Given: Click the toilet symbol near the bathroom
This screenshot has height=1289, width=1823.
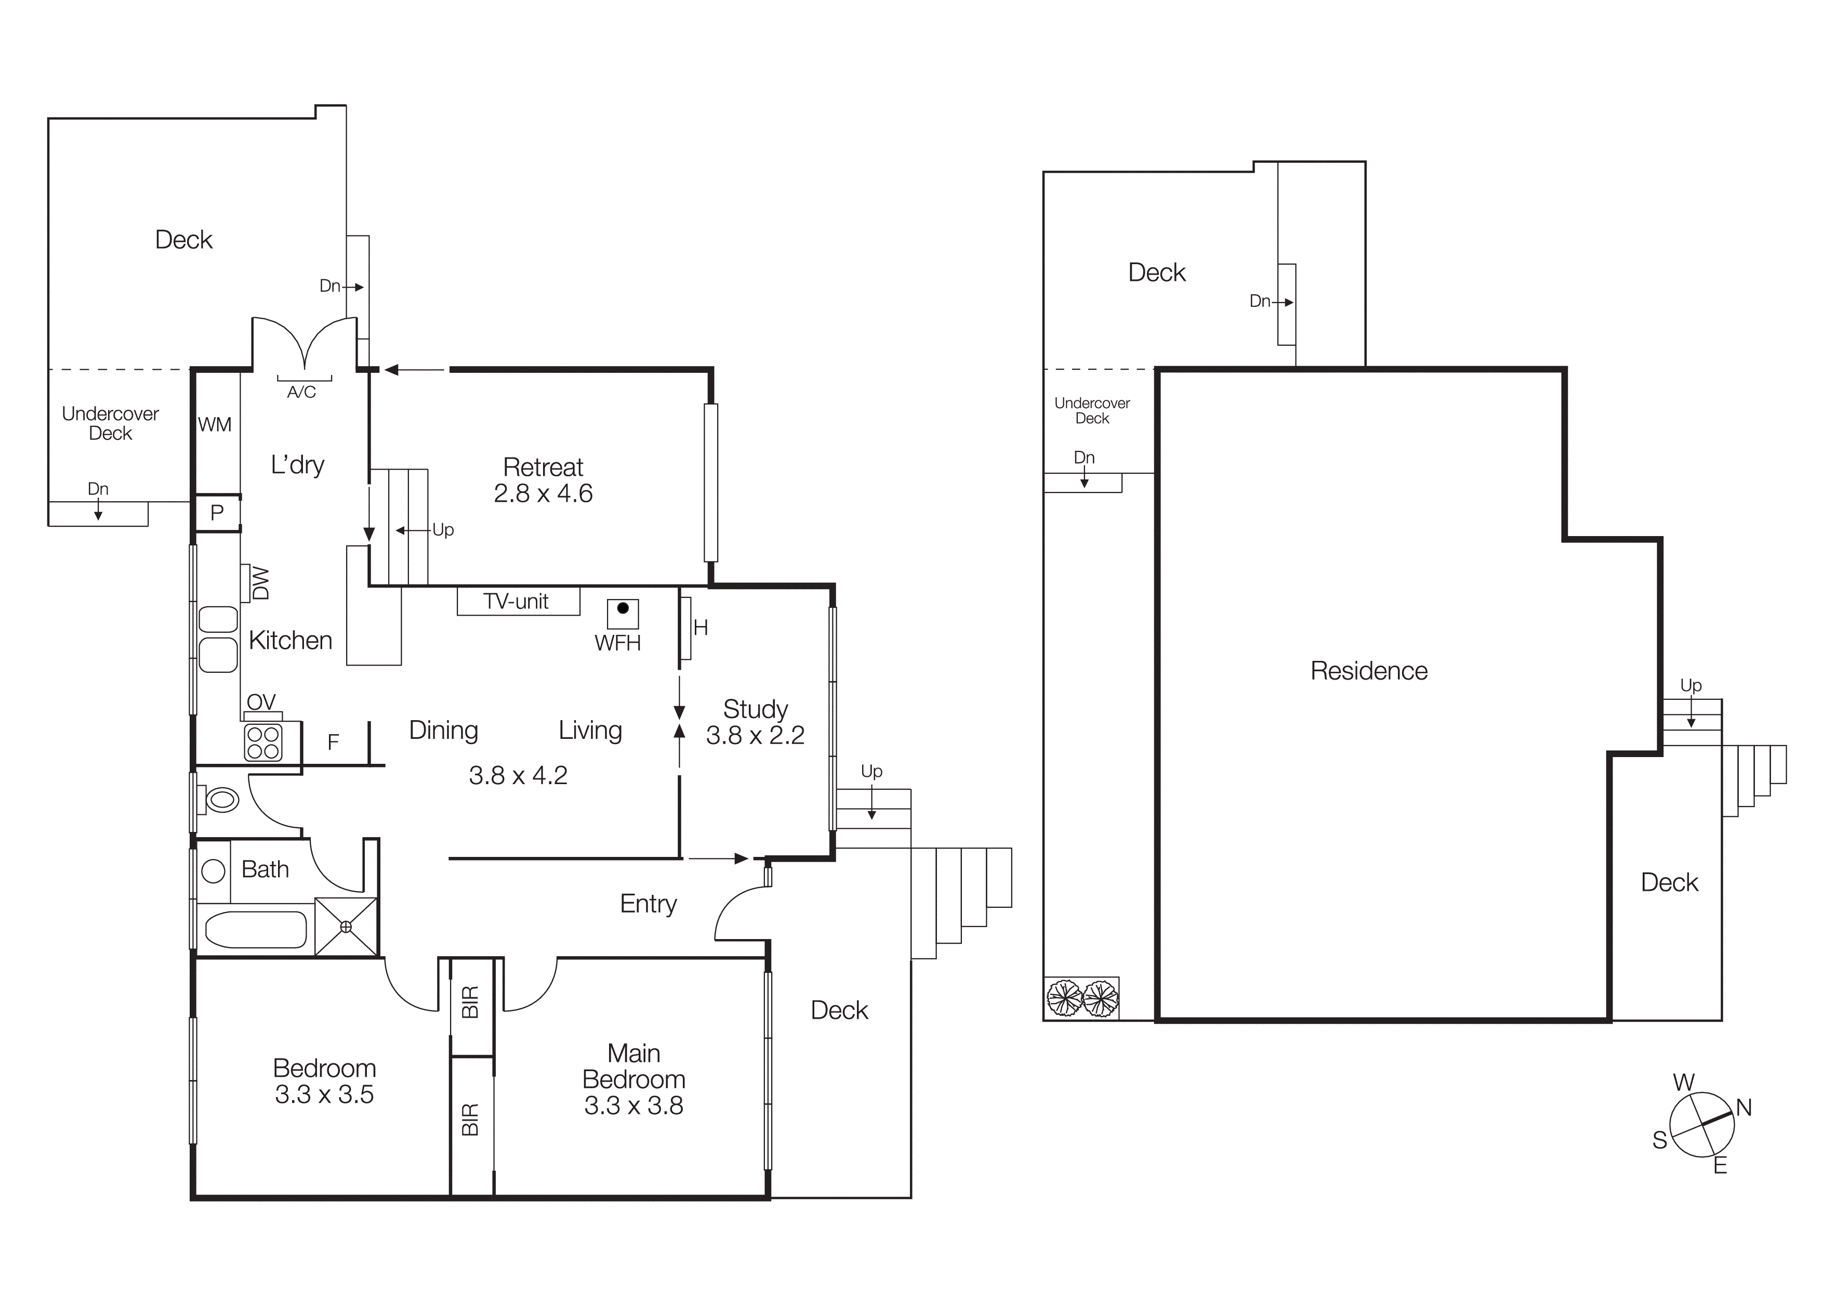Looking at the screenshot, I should click(x=221, y=799).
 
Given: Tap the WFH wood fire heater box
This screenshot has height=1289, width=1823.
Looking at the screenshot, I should click(x=623, y=614).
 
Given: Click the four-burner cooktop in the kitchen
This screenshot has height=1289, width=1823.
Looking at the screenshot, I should click(x=263, y=743).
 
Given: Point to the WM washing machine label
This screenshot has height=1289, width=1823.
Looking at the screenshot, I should click(x=215, y=425).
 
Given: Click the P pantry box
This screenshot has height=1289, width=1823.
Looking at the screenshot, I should click(x=217, y=513).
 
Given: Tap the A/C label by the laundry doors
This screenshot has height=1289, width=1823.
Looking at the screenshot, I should click(x=302, y=392).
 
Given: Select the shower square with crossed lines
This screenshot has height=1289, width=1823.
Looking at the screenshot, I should click(x=346, y=927).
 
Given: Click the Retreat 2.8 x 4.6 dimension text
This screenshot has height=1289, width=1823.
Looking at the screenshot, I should click(x=543, y=493).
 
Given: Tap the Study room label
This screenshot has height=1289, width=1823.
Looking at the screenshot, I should click(x=755, y=708).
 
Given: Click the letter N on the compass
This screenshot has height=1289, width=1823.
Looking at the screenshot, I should click(x=1743, y=1107).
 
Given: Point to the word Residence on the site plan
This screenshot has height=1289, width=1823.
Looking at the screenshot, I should click(x=1368, y=671).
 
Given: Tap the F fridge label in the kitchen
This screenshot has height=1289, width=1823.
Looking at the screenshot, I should click(x=334, y=742).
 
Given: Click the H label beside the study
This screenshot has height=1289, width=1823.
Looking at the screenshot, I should click(x=701, y=628).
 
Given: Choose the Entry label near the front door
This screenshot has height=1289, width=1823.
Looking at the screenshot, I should click(x=648, y=904).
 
